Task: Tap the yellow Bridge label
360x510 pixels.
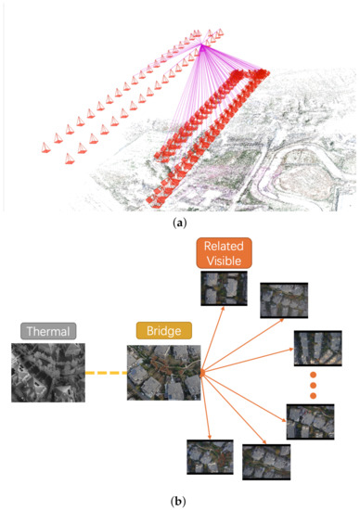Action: tap(163, 331)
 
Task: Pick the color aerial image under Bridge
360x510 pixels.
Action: tap(163, 373)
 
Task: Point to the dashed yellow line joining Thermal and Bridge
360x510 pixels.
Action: tap(106, 374)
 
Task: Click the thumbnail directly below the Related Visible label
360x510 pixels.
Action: tap(225, 289)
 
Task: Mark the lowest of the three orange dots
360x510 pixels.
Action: tap(313, 396)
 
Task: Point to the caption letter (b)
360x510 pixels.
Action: tap(180, 502)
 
